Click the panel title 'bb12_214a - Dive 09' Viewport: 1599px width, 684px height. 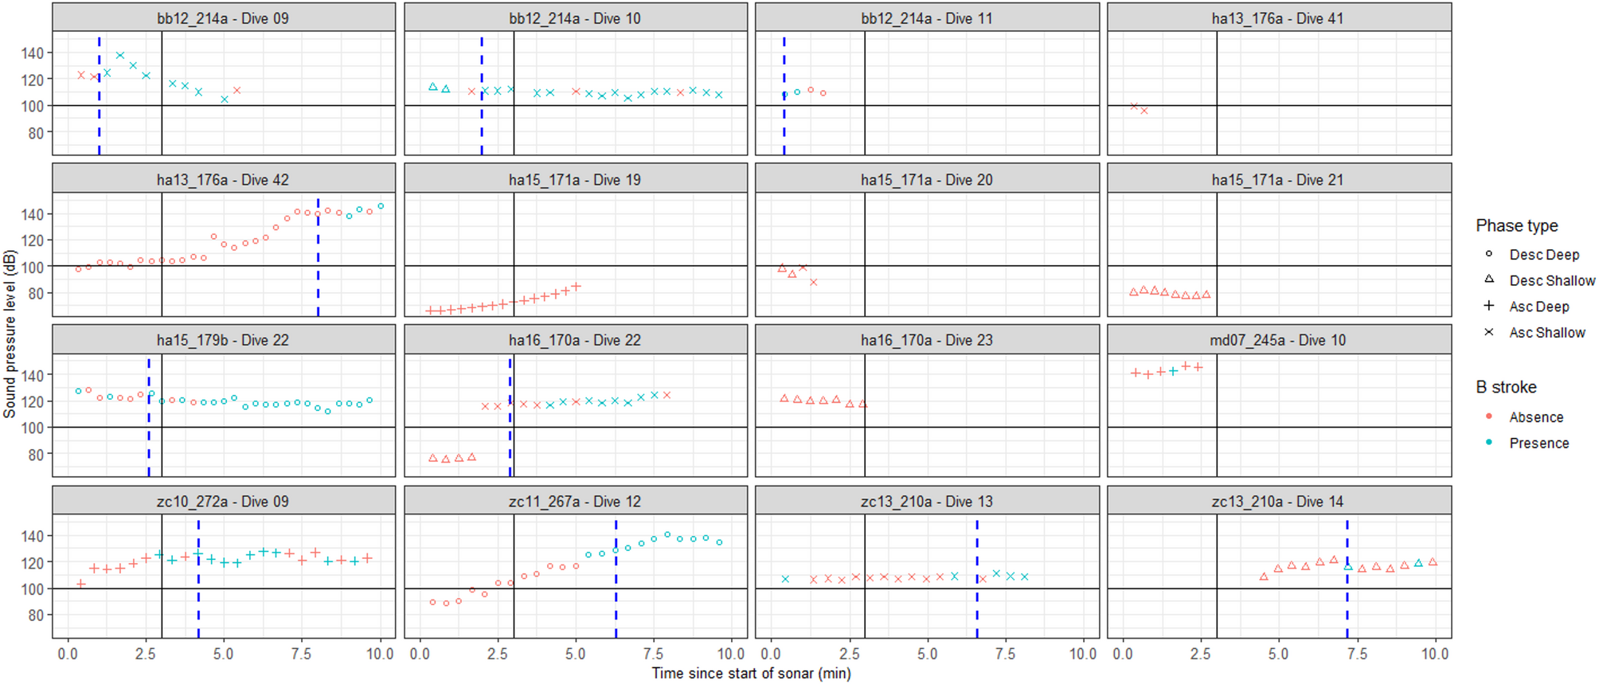point(223,18)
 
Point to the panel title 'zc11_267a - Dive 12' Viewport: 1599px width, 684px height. point(575,502)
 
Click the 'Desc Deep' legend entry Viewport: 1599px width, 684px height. point(1543,255)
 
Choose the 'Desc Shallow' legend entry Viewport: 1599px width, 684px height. point(1551,280)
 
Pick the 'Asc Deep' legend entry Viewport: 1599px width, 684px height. point(1538,307)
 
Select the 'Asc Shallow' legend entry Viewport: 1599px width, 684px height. point(1546,333)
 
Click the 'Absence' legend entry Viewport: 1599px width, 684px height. point(1535,417)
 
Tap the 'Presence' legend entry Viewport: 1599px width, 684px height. point(1538,444)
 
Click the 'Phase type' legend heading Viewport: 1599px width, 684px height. point(1516,226)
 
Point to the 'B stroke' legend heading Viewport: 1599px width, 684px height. point(1506,388)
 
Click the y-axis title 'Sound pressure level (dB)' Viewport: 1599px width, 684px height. point(10,334)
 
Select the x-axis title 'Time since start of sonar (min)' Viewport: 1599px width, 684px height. point(751,674)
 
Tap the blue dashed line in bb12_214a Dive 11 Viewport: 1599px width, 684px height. point(784,127)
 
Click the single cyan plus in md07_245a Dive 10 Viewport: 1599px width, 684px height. point(1173,371)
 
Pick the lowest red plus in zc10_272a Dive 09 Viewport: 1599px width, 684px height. point(80,584)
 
